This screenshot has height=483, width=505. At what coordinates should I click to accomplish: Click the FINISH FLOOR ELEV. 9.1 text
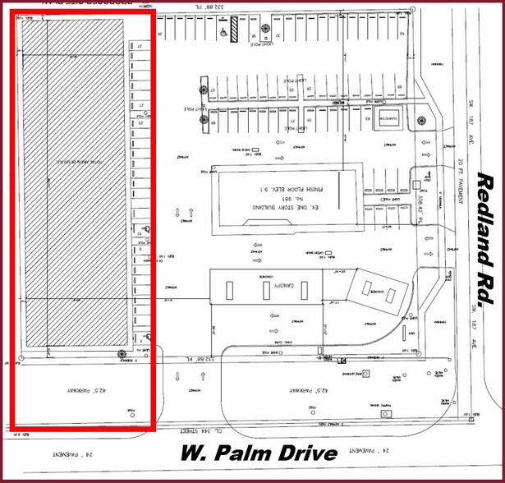pos(280,187)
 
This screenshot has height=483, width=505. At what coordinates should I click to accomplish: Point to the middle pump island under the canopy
pos(265,290)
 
